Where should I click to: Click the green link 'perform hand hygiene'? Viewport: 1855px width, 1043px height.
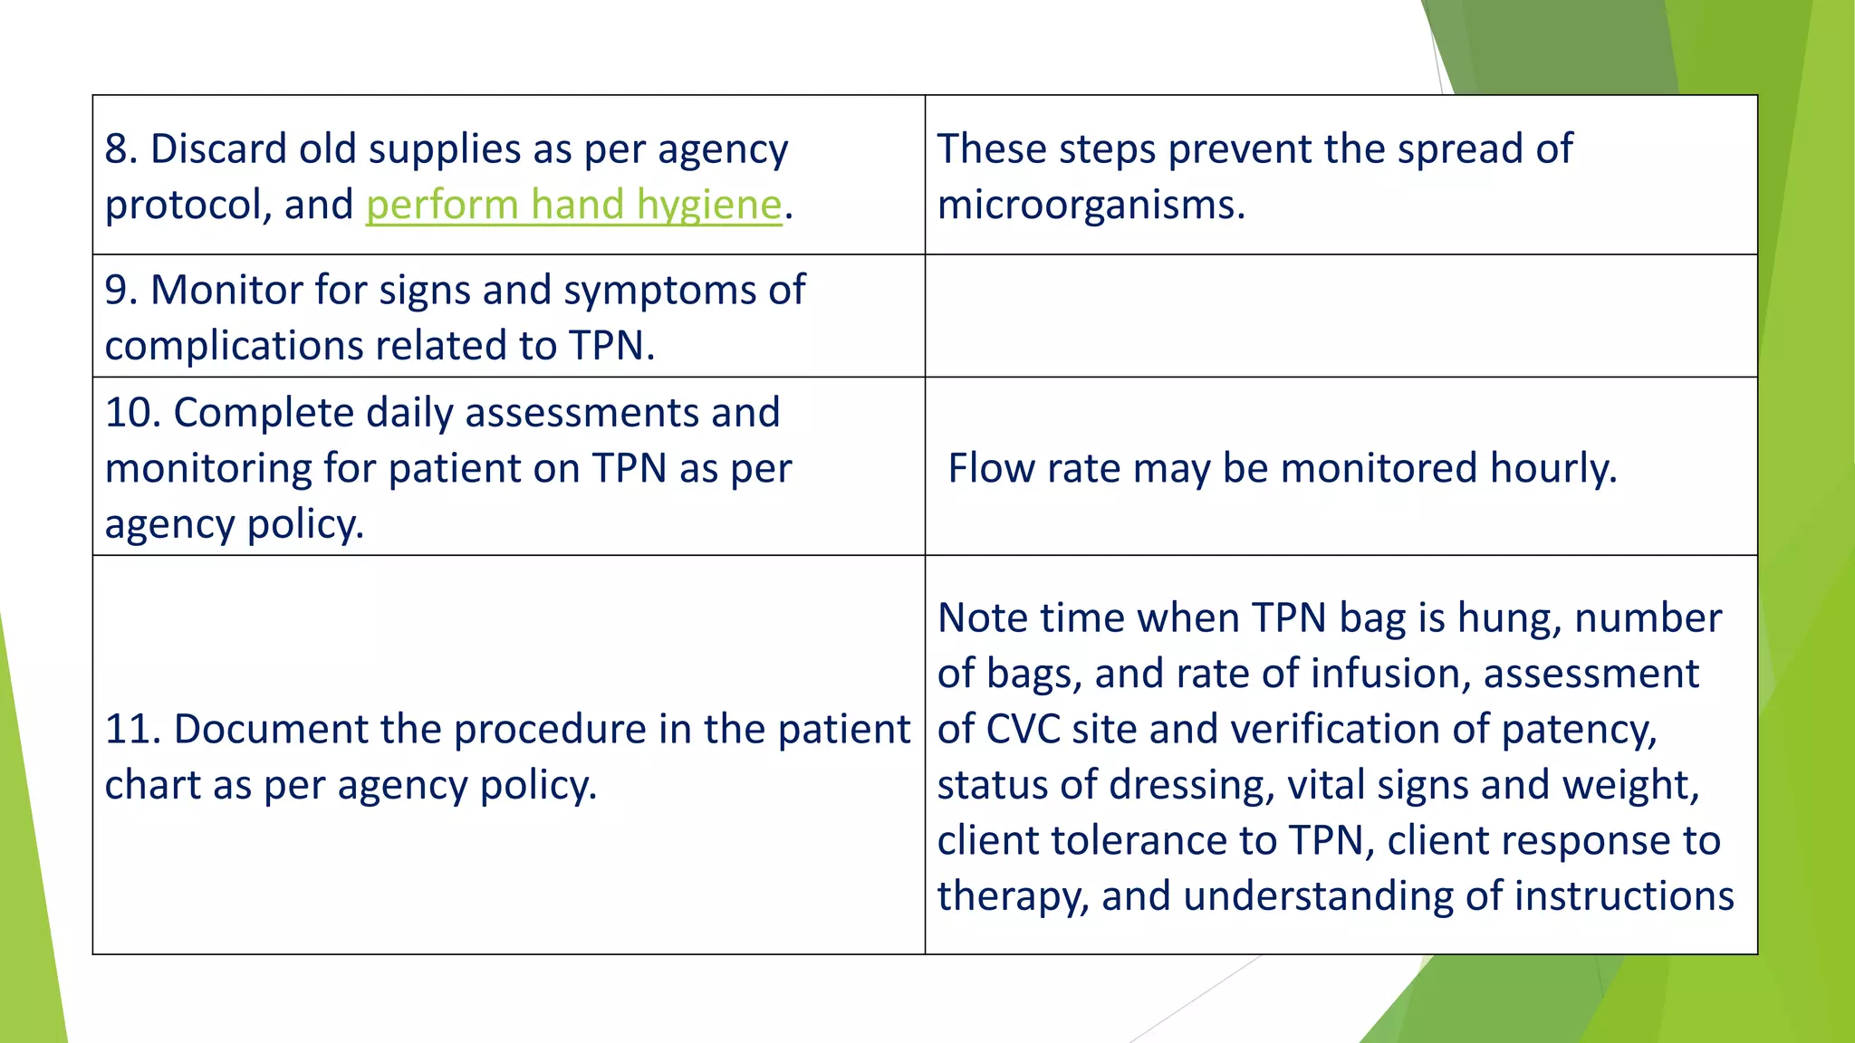tap(573, 205)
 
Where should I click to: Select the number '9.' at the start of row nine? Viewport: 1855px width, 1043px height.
tap(120, 291)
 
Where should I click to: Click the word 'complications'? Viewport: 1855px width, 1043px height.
tap(235, 346)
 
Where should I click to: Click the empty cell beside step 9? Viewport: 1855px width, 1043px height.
tap(1341, 316)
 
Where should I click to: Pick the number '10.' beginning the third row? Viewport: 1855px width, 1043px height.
tap(133, 413)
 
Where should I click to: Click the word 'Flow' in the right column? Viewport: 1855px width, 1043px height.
tap(988, 469)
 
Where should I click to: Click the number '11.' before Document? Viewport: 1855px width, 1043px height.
tap(133, 730)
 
